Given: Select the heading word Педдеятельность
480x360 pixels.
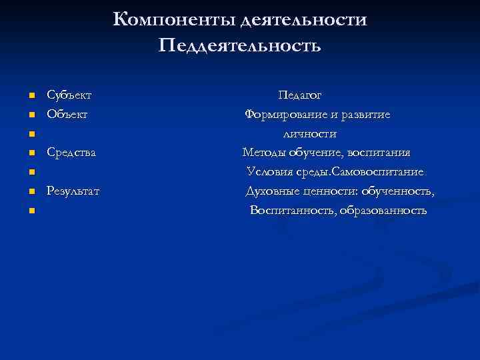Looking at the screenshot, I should (x=240, y=46).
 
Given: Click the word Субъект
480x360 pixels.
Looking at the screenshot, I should (x=69, y=96).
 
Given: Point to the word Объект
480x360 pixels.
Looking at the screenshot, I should (x=67, y=115).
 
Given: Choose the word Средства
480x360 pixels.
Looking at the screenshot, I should (x=71, y=153).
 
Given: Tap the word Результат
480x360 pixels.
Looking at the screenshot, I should (x=73, y=191).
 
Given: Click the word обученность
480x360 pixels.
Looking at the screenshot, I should (x=399, y=191).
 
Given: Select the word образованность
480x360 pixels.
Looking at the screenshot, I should (x=384, y=211).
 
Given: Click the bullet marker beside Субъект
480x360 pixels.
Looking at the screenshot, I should (x=31, y=97).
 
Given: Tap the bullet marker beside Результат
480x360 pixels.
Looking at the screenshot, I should (x=31, y=193).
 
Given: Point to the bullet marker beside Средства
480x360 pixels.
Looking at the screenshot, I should (x=31, y=154).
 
